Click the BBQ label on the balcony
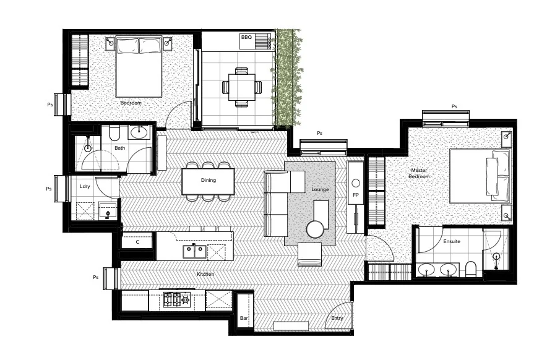click(246, 38)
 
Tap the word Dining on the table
click(209, 181)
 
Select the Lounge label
click(320, 189)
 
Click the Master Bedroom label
click(418, 173)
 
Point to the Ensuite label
click(452, 241)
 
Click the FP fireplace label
click(355, 195)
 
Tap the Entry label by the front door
click(337, 318)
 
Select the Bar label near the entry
click(244, 318)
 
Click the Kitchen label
click(205, 274)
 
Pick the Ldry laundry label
click(85, 186)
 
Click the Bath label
click(119, 148)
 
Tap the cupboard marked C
click(138, 242)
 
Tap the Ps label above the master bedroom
click(454, 106)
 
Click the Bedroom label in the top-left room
click(131, 103)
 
